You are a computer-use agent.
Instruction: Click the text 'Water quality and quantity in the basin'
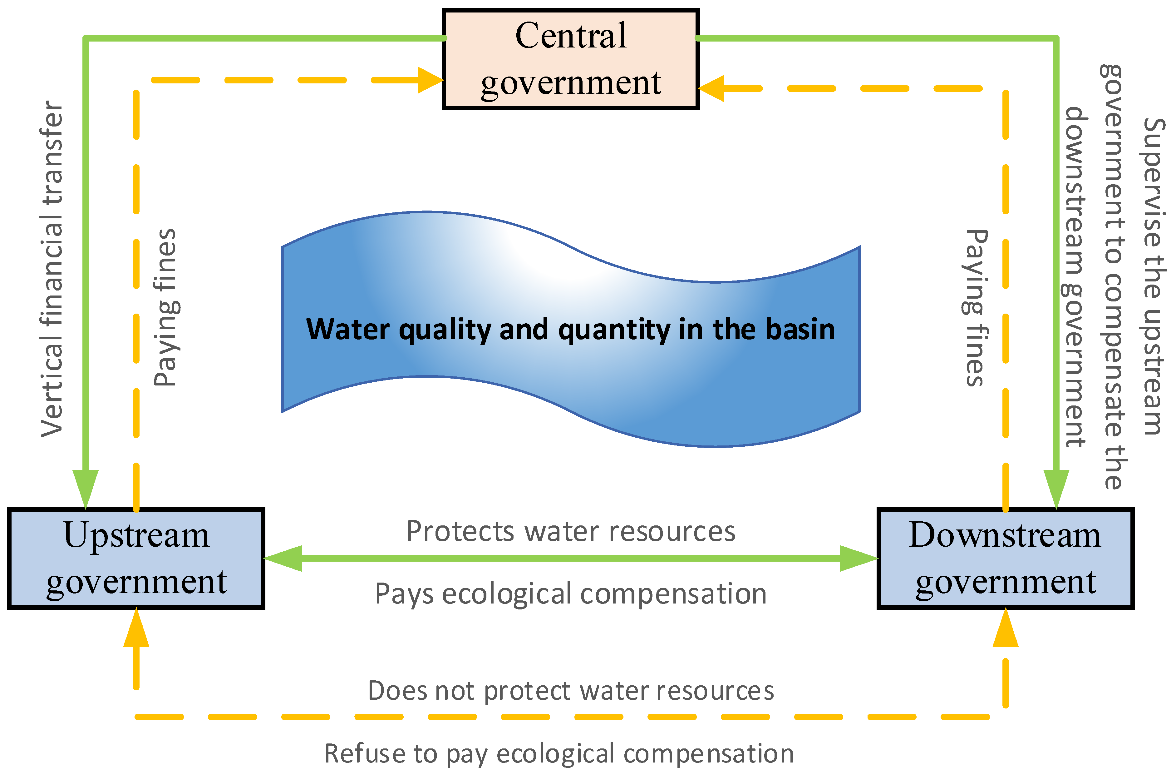[x=570, y=330]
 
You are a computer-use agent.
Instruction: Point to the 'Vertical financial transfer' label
[x=52, y=269]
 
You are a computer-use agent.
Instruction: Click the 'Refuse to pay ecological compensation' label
[x=559, y=754]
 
